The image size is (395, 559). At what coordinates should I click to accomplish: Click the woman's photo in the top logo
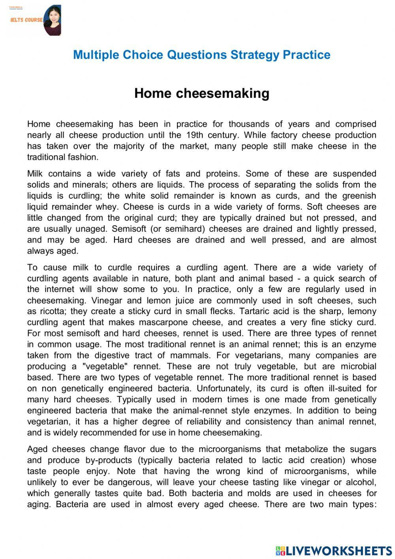(53, 21)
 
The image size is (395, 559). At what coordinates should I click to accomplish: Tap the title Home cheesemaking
(201, 93)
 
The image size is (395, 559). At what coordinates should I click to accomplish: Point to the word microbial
(359, 366)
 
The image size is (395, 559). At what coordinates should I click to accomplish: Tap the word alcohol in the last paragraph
(361, 482)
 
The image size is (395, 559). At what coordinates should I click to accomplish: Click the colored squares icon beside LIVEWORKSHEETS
(280, 551)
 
